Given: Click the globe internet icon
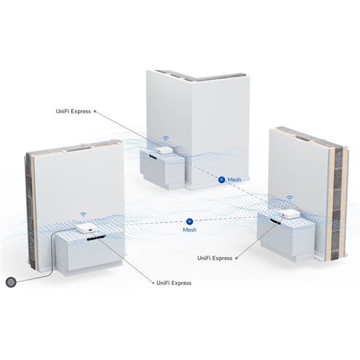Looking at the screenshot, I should [x=10, y=281].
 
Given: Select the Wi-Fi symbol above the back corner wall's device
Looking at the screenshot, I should [x=164, y=139].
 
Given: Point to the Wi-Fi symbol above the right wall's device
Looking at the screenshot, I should [x=289, y=198].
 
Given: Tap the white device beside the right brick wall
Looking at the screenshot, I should [x=286, y=211].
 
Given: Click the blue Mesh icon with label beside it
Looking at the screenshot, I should [x=221, y=179].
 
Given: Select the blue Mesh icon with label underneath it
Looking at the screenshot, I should [x=190, y=221].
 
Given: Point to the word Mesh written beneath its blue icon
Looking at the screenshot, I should [x=190, y=230].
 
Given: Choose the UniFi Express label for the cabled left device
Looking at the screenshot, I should [x=173, y=283].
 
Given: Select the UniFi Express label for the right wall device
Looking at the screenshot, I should [x=215, y=258].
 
